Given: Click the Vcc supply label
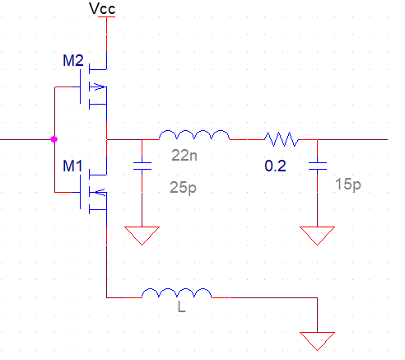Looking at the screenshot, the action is click(x=102, y=9).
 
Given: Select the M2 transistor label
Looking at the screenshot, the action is click(x=73, y=60).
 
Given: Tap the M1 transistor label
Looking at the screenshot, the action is click(x=72, y=166).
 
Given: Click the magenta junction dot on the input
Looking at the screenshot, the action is click(x=54, y=139).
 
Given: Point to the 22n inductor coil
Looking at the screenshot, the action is click(x=194, y=135).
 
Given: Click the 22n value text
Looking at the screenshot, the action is click(x=184, y=156).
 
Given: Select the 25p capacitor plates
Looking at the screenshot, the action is click(x=142, y=166).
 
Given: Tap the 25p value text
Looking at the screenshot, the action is click(x=183, y=188).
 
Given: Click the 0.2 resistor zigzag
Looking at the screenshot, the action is click(x=282, y=139).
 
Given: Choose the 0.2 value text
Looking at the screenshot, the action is click(x=275, y=166).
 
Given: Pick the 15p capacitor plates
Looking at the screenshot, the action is click(x=318, y=166).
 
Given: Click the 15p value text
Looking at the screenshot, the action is click(x=348, y=185).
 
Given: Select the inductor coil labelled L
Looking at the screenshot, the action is click(x=177, y=293).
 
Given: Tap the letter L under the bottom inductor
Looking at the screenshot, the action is click(x=182, y=306).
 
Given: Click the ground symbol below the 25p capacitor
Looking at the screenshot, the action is click(x=142, y=236).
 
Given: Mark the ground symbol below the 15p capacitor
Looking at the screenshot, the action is click(x=318, y=236).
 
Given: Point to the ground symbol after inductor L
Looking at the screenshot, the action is click(x=318, y=341).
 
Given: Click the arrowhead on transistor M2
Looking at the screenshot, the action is click(x=100, y=86).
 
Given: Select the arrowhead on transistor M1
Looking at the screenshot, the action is click(x=100, y=192).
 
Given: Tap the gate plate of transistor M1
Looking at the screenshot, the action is click(x=81, y=192).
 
